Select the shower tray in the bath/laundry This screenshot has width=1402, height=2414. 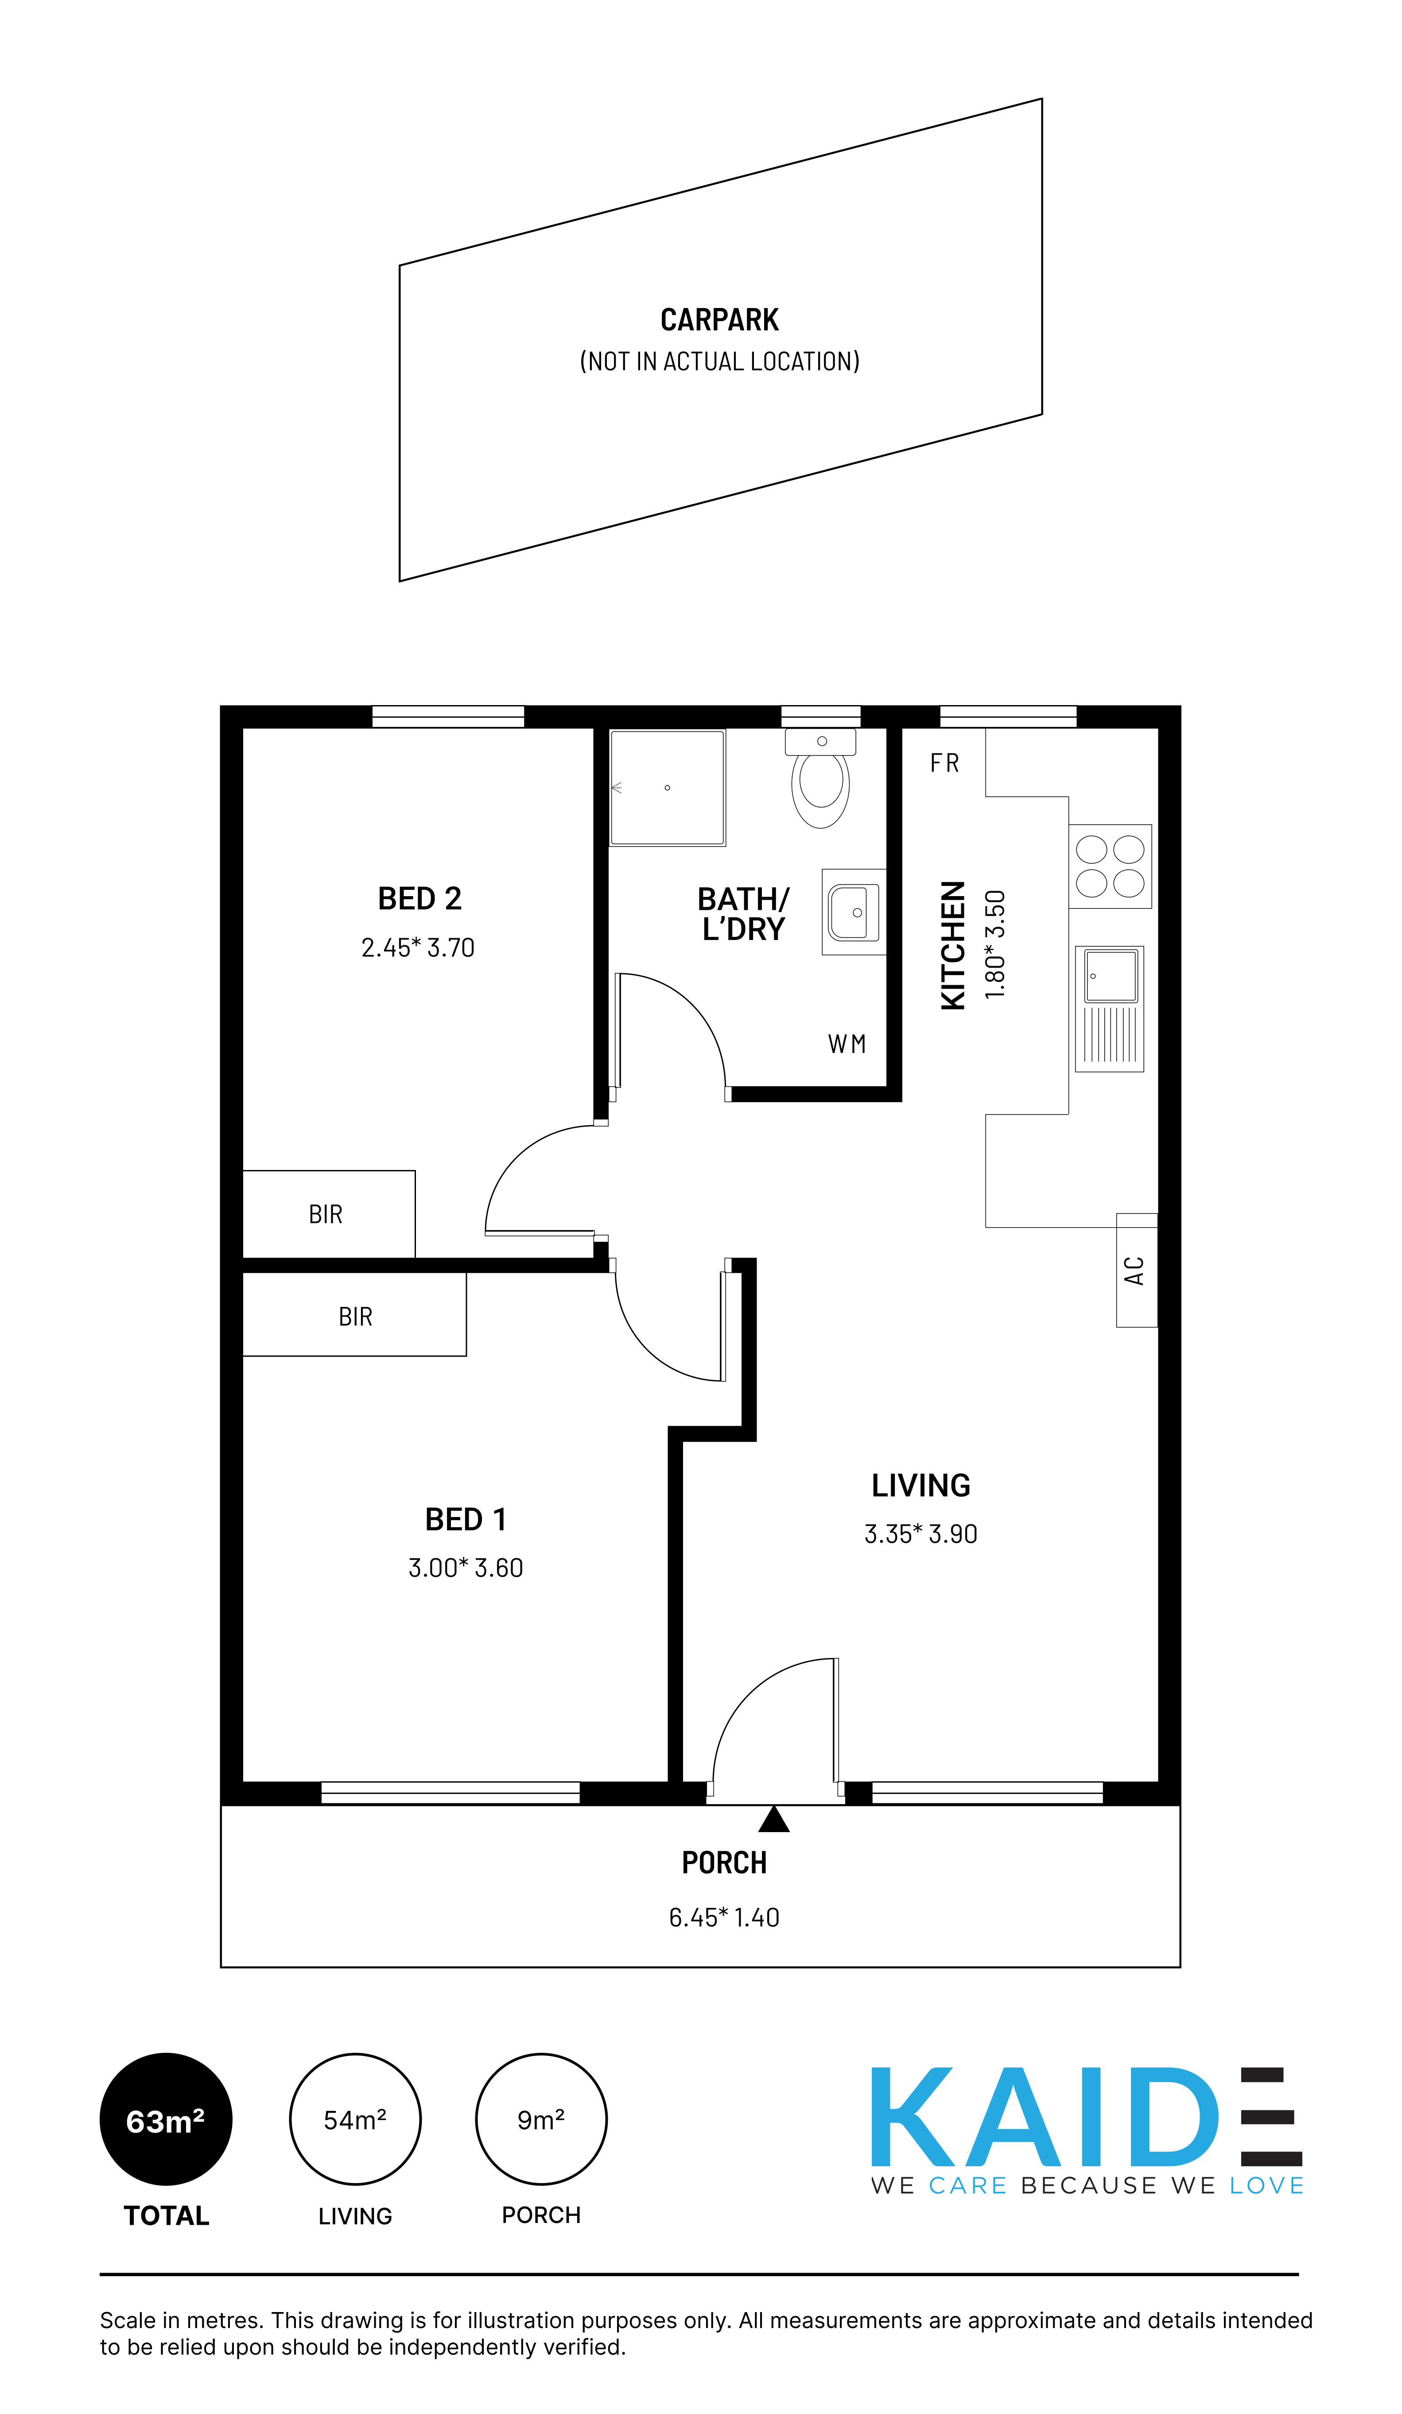[x=668, y=788]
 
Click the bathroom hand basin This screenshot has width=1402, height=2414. [x=853, y=912]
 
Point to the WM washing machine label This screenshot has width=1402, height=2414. [x=847, y=1044]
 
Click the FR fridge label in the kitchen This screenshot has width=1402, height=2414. [x=944, y=764]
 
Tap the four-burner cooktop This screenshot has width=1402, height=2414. [x=1110, y=866]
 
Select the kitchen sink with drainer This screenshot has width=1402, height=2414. [x=1109, y=1009]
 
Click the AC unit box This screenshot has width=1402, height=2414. [x=1137, y=1270]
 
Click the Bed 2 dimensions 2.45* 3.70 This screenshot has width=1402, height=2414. [x=418, y=948]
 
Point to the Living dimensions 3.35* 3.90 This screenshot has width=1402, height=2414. [x=920, y=1534]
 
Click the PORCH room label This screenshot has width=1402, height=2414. [x=724, y=1863]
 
